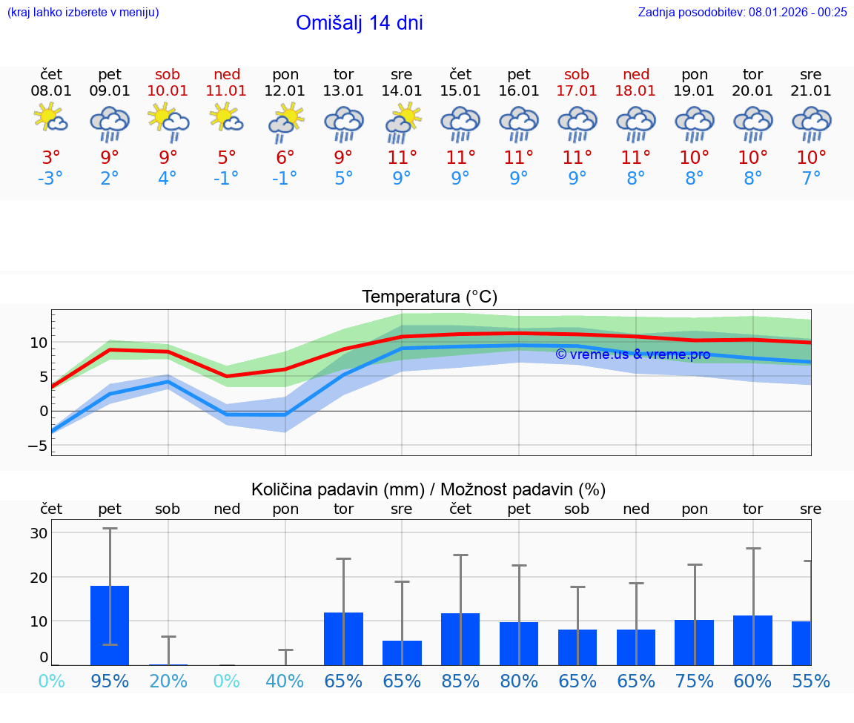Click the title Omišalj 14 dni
pos(360,23)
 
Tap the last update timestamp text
pos(742,12)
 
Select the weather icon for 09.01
pos(110,122)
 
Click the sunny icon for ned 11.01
pos(226,118)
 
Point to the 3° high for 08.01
pos(51,157)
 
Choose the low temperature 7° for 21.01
pos(811,179)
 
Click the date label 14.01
pos(402,91)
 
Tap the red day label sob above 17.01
pos(577,74)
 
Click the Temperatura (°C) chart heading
pos(429,297)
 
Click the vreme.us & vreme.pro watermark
pos(632,354)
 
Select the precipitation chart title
pos(428,489)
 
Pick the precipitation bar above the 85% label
pos(460,638)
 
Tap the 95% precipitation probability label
pos(110,681)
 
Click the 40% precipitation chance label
pos(285,681)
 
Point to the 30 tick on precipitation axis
pos(39,533)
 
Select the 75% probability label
pos(695,681)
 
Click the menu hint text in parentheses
pos(83,12)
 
